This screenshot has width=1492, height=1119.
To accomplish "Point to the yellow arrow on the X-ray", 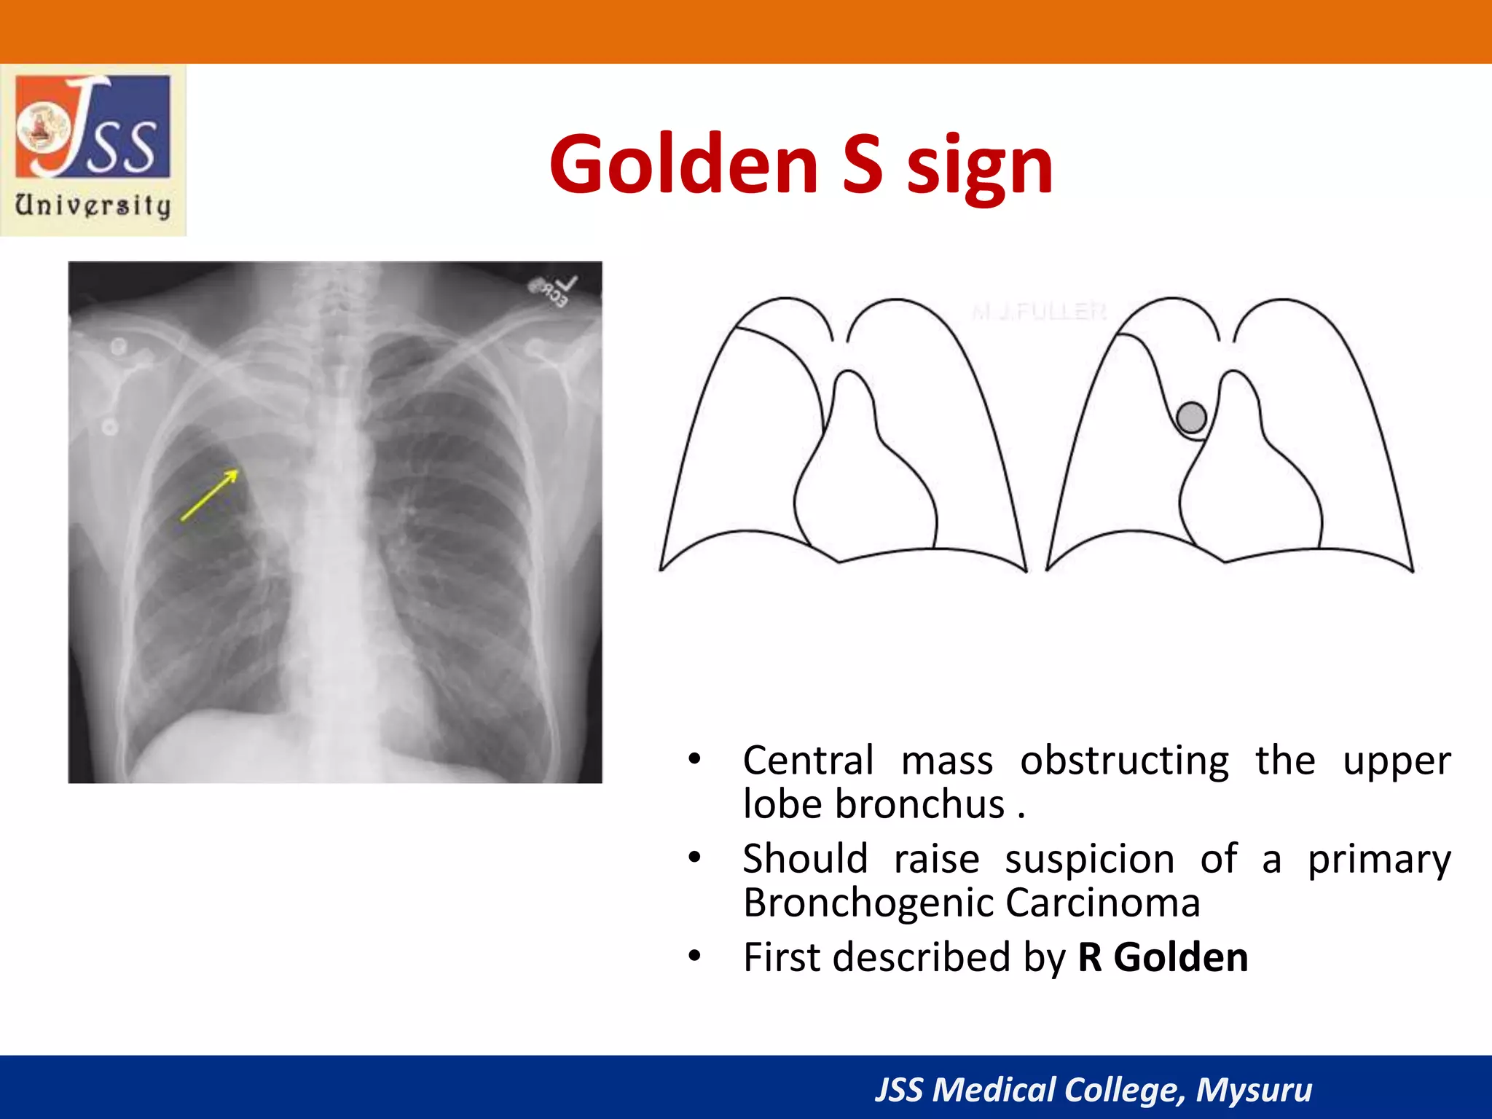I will pyautogui.click(x=210, y=495).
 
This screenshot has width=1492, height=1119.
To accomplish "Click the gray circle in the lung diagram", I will pyautogui.click(x=1192, y=418).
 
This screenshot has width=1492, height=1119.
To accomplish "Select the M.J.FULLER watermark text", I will pyautogui.click(x=1039, y=312).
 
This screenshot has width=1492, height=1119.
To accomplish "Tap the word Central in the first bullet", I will pyautogui.click(x=807, y=761).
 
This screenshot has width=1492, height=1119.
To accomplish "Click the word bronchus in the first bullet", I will pyautogui.click(x=919, y=805).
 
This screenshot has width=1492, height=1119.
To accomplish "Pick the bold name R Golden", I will pyautogui.click(x=1163, y=957).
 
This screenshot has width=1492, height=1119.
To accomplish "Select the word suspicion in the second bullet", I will pyautogui.click(x=1089, y=860).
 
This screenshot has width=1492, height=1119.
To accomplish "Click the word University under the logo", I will pyautogui.click(x=93, y=205).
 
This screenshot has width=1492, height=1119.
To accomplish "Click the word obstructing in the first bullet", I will pyautogui.click(x=1124, y=761).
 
